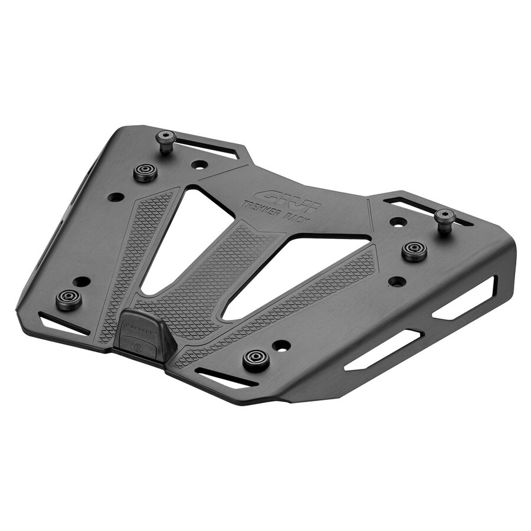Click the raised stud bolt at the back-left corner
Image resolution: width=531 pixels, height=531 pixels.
click(166, 139)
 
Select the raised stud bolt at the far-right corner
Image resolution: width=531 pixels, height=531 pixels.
click(445, 218)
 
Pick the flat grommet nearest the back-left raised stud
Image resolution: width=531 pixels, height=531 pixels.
click(145, 172)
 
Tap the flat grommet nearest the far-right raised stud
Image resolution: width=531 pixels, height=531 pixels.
click(414, 250)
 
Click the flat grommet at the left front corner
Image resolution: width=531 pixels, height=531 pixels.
click(68, 299)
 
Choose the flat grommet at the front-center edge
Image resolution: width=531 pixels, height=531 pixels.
click(256, 359)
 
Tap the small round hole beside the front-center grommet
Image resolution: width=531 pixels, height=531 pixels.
click(281, 345)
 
